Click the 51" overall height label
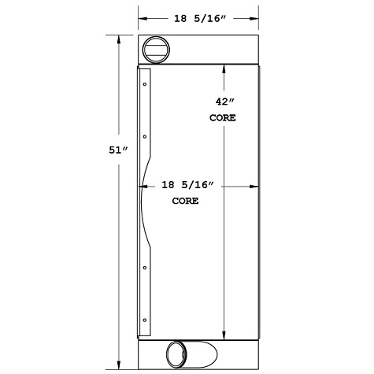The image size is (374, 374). (x=119, y=150)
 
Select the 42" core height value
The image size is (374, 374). (x=223, y=101)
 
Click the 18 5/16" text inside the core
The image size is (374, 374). (x=187, y=186)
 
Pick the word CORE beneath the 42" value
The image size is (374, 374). (x=223, y=117)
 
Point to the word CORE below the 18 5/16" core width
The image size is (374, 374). (x=185, y=202)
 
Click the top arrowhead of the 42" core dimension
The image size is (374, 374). (x=224, y=69)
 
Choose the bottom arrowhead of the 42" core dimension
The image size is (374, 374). (x=224, y=333)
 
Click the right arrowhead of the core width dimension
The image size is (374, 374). (x=256, y=186)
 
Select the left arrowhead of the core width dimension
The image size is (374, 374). (x=143, y=186)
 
